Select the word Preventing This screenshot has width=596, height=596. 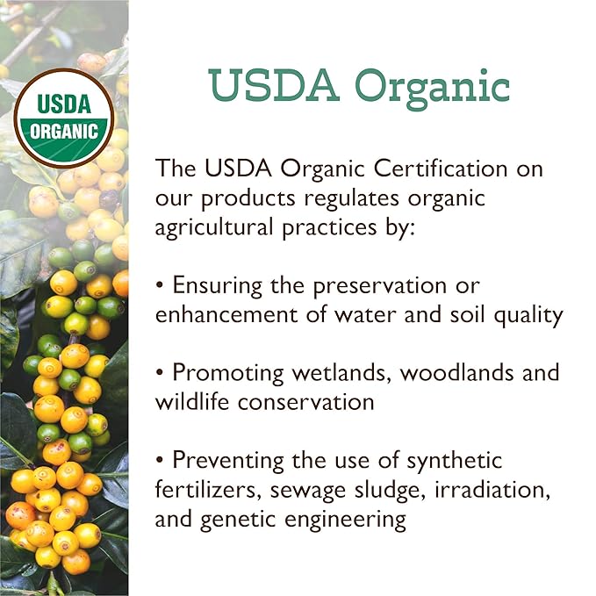tap(234, 459)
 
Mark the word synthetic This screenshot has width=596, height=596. tap(454, 459)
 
